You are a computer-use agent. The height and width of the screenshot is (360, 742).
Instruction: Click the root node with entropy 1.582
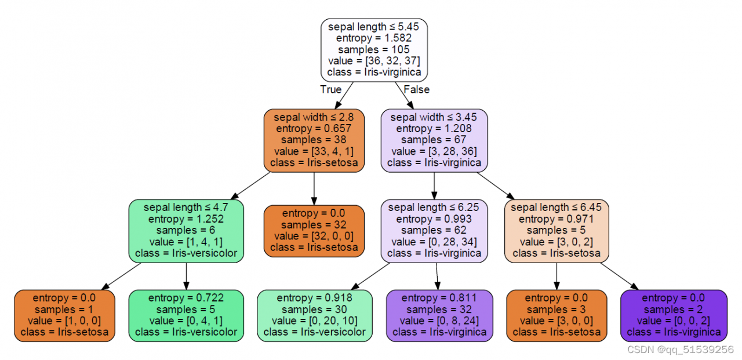374,49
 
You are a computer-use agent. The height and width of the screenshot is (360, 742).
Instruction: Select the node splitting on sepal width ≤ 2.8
314,140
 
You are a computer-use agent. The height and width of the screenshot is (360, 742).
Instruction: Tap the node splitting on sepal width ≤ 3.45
434,140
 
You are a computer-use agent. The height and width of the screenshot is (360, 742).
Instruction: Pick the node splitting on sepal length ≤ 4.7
186,230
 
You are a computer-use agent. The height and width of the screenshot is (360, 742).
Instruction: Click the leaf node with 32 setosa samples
314,230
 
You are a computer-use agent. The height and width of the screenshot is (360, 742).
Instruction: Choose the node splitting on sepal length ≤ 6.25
434,230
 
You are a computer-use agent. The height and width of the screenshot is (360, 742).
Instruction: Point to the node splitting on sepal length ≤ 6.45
556,230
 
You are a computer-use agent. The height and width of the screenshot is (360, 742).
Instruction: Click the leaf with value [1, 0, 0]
64,315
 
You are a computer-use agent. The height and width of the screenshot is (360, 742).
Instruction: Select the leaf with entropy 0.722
186,315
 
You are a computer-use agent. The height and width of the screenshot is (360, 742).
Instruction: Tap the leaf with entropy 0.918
315,315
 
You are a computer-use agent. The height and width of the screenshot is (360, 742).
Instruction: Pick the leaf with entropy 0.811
439,315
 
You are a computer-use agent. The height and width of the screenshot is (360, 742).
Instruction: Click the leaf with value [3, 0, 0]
556,315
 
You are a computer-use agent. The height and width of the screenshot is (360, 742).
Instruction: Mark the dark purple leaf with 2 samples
674,315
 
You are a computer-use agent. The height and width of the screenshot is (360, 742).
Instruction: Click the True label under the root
330,90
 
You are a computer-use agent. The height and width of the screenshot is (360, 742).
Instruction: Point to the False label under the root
416,90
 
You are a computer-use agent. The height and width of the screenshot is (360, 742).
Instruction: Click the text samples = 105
374,49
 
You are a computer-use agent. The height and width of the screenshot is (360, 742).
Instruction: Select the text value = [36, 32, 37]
374,61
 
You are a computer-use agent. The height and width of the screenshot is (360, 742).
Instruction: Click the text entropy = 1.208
434,128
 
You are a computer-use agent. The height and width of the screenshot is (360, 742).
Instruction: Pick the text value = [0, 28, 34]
434,242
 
